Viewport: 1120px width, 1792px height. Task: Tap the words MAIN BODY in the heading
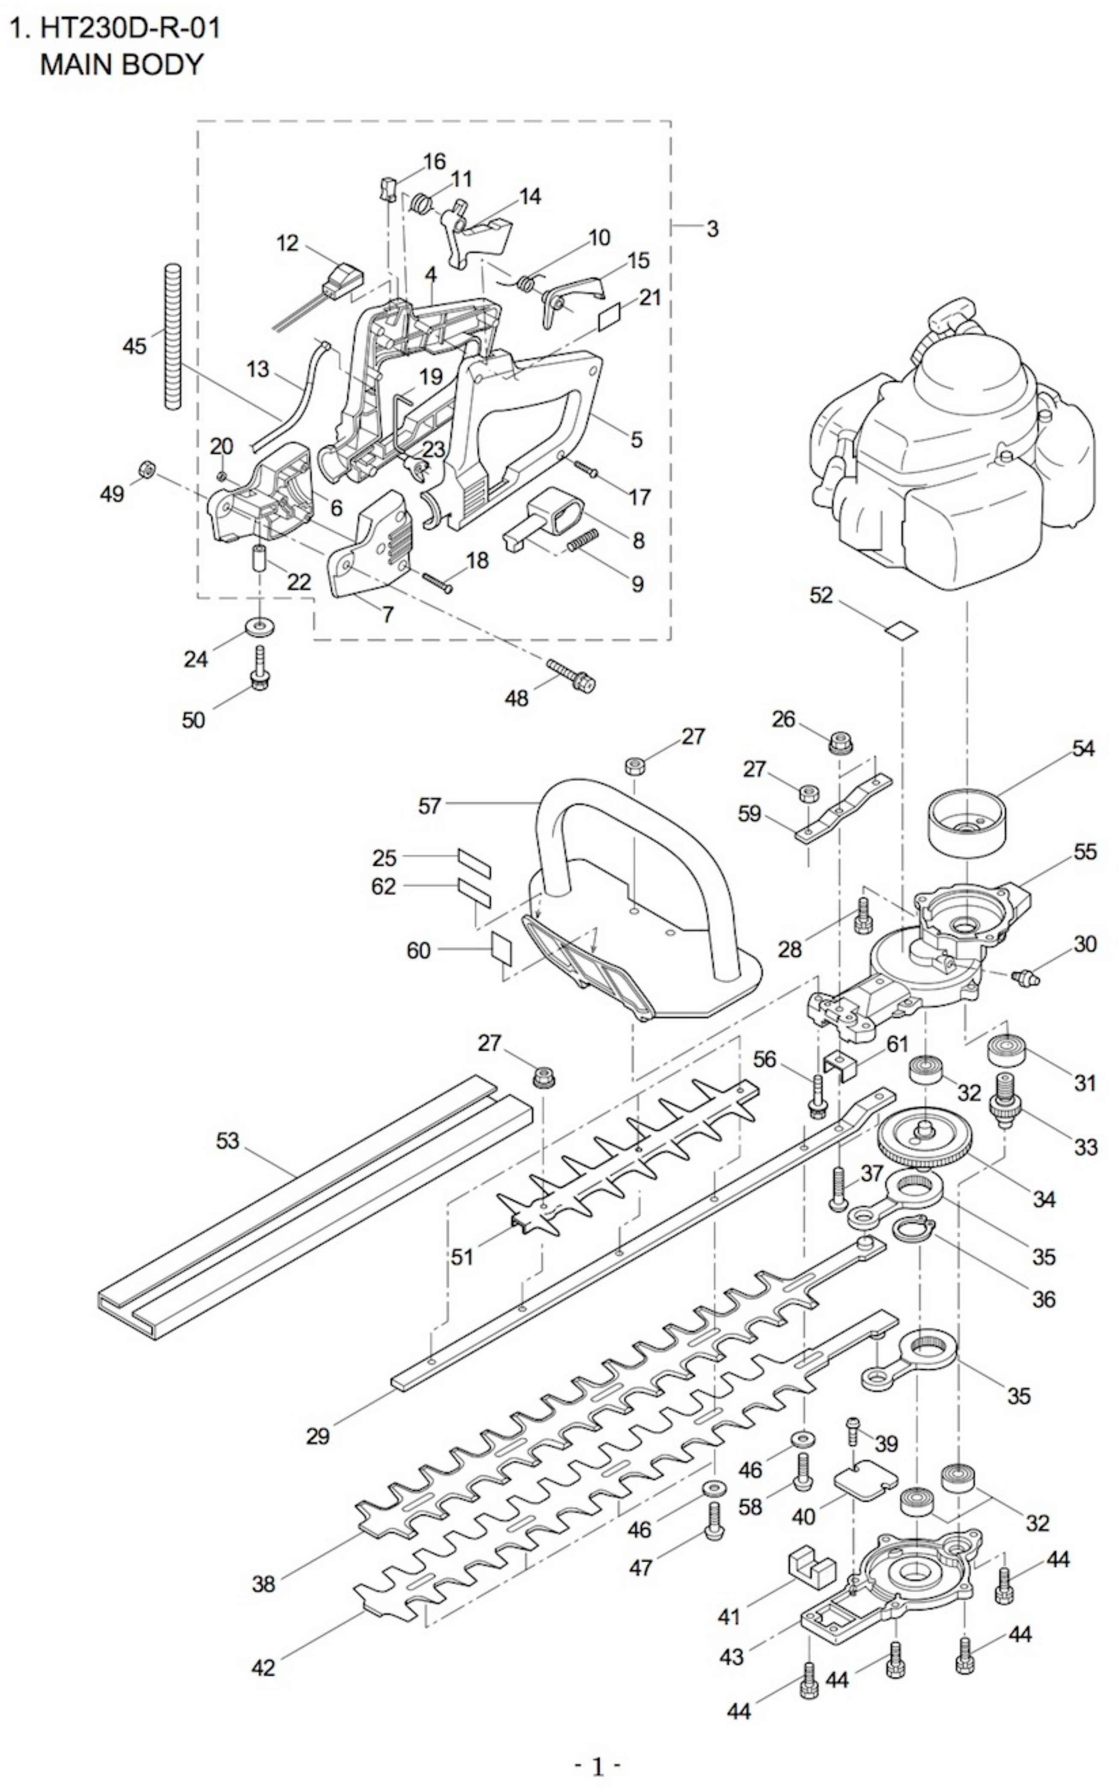pos(121,65)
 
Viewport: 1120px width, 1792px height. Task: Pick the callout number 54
pos(1083,748)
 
